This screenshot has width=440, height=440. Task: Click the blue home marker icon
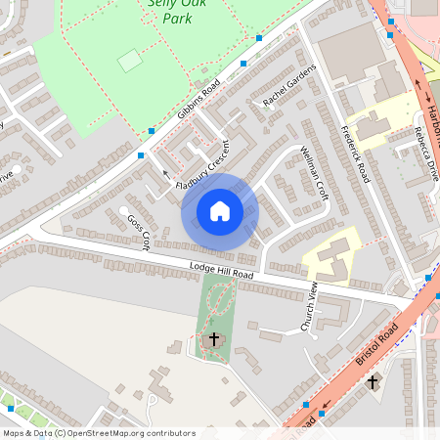[x=220, y=210]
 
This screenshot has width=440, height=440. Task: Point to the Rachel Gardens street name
[x=290, y=88]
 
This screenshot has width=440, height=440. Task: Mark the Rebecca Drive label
[x=425, y=154]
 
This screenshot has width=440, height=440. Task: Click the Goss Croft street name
[x=139, y=233]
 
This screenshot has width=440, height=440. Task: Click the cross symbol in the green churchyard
[x=215, y=339]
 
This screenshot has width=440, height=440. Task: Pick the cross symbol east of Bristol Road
[x=372, y=382]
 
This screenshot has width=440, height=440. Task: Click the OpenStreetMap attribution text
[x=98, y=432]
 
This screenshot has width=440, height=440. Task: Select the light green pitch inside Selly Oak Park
[x=129, y=61]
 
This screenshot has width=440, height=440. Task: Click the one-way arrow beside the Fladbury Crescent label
[x=164, y=173]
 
